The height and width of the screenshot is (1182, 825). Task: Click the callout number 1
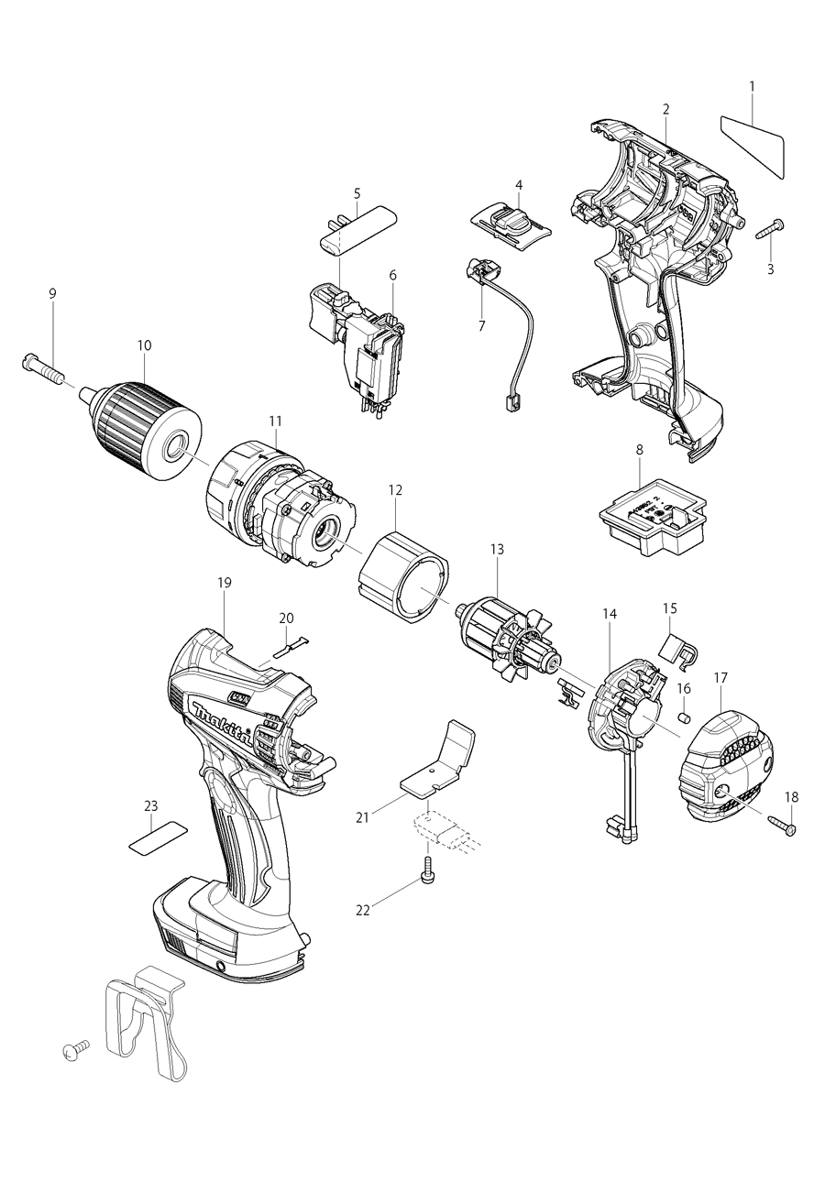point(752,86)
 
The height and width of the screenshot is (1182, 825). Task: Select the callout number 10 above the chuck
point(144,345)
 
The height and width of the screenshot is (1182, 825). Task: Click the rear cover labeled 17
point(724,765)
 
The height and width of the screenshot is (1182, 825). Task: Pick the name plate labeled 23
point(156,837)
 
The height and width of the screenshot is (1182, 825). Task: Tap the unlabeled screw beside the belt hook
point(73,1049)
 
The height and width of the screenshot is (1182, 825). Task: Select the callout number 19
point(225,582)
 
